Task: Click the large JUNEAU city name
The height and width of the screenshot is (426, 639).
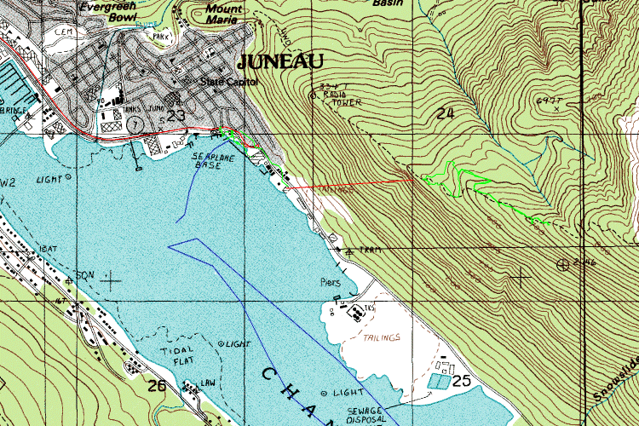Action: coord(280,61)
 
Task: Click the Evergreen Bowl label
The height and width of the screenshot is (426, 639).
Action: coord(109,9)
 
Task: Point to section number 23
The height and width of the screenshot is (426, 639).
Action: coord(176,115)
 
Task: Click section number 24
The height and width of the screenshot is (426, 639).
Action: coord(446,113)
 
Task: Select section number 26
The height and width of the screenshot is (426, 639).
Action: coord(157,386)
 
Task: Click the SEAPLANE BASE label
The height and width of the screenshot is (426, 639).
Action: coord(206,161)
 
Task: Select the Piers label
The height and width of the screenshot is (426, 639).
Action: coord(330,281)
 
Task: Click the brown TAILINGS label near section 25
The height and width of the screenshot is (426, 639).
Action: coord(382,337)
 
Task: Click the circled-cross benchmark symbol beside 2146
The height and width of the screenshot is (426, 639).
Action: coord(561,263)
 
